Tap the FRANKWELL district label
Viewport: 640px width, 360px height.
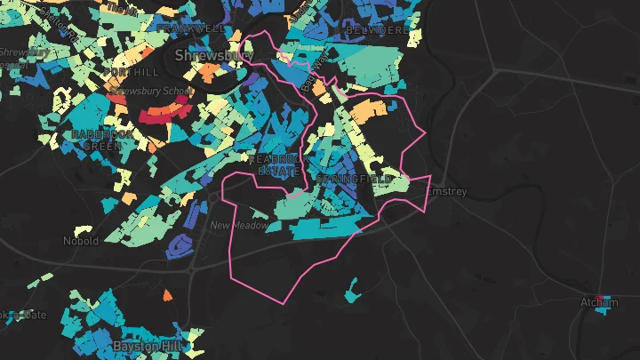189,28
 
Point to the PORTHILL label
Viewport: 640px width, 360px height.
131,72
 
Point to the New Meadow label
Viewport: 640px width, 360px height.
238,226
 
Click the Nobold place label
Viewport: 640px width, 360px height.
81,241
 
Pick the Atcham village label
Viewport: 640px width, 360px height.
598,303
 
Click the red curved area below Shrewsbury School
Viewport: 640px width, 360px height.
164,113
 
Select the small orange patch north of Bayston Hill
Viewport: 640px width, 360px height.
166,294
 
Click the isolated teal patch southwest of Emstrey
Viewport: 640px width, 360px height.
353,288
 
